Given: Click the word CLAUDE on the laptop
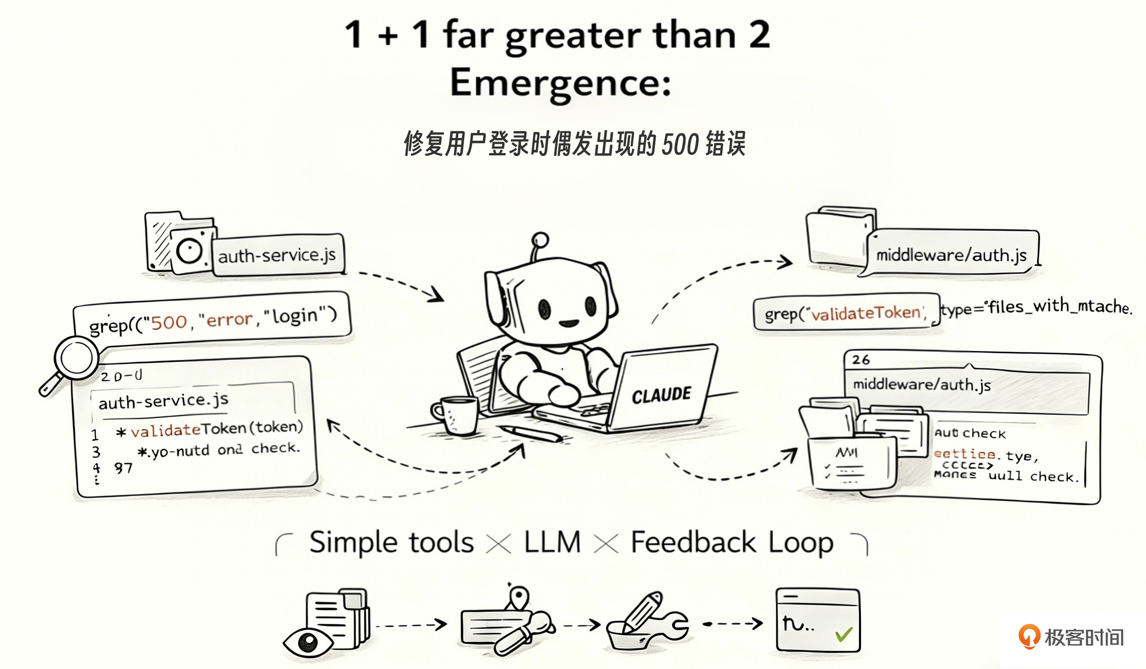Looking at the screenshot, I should [x=661, y=395].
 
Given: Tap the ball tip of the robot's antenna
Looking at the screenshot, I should [x=540, y=239].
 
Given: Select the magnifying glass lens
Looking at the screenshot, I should [x=76, y=358].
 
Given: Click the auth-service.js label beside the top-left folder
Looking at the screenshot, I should [x=277, y=255].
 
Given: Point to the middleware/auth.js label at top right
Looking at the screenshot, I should [x=951, y=255].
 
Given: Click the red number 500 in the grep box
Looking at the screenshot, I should [x=169, y=323].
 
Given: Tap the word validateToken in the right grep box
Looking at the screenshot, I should [x=865, y=313].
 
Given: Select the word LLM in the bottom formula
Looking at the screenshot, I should [x=552, y=542].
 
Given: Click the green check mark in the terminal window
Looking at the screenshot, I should [x=844, y=634].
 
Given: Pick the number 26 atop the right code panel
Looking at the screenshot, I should [x=860, y=360].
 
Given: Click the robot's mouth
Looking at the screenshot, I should [x=568, y=324].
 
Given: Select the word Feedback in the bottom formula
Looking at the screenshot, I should [x=693, y=542].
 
